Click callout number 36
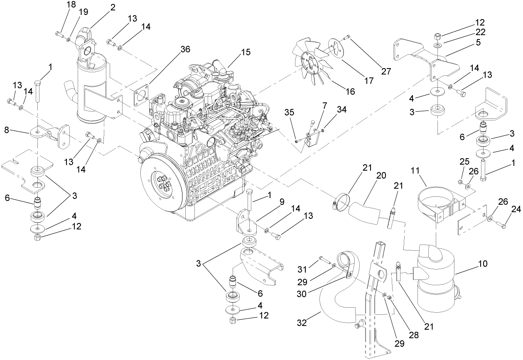[x=185, y=49]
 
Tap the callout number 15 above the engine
[x=246, y=52]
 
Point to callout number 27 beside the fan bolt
[x=386, y=71]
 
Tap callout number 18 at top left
[x=71, y=5]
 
